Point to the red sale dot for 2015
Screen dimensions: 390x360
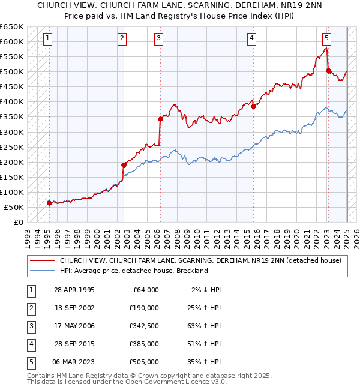click(x=254, y=106)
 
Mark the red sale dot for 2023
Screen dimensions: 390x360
click(x=328, y=70)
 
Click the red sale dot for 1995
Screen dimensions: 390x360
click(x=49, y=203)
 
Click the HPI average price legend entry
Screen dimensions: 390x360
click(x=133, y=271)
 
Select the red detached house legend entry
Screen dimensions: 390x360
click(x=200, y=260)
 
